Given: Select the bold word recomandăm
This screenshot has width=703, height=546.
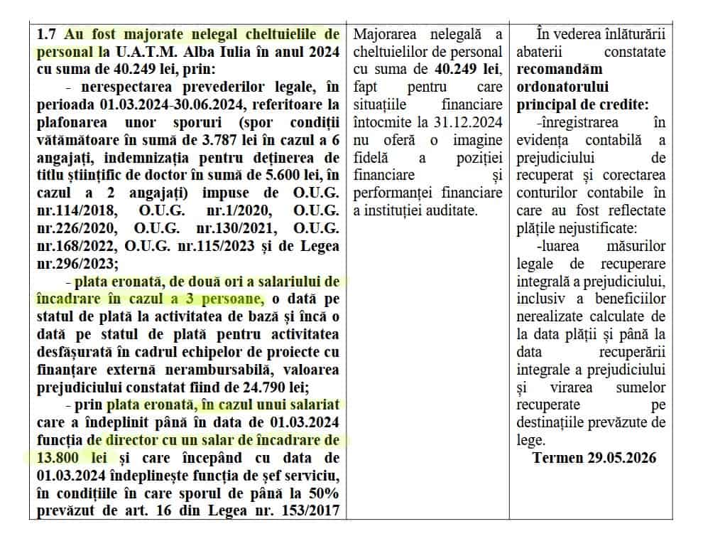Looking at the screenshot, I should [560, 69].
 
